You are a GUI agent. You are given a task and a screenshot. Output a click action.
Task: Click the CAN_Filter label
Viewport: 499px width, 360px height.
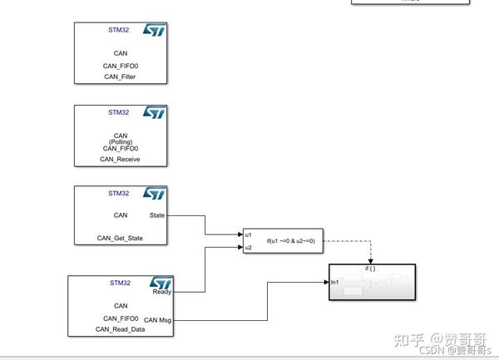[120, 76]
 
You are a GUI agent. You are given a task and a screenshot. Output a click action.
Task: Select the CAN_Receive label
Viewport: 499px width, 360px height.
[120, 159]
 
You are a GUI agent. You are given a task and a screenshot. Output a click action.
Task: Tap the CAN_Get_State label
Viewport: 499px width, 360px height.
[120, 239]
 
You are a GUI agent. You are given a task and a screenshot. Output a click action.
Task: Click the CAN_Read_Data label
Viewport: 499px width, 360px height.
[120, 329]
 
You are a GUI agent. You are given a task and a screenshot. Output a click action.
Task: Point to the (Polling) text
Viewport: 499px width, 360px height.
[121, 142]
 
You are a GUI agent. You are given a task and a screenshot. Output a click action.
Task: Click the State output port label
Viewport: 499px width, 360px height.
[156, 215]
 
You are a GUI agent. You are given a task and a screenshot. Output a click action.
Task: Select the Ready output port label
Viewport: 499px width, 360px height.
[161, 292]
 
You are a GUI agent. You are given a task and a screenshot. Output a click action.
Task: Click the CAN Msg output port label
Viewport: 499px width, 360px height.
[157, 319]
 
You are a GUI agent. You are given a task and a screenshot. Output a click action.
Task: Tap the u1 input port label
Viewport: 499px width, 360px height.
[249, 234]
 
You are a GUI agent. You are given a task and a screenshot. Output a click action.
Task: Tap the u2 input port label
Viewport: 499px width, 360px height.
[249, 247]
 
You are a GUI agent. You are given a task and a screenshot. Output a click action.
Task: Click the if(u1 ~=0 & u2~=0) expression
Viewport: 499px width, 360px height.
[291, 241]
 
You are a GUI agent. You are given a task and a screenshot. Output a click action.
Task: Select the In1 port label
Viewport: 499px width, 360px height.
[335, 284]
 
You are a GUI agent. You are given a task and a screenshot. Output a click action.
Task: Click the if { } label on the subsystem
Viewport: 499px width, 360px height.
[371, 269]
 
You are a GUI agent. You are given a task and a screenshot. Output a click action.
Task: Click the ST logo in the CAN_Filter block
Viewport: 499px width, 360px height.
[155, 30]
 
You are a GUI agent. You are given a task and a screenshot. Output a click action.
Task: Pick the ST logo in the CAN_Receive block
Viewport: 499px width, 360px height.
[155, 112]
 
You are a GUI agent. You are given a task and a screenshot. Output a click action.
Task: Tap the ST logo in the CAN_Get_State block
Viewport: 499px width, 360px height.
[155, 193]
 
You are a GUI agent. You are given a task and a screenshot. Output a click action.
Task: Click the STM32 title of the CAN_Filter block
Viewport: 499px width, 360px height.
[119, 29]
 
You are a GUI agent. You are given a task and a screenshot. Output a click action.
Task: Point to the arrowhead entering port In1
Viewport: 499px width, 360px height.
[326, 283]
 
